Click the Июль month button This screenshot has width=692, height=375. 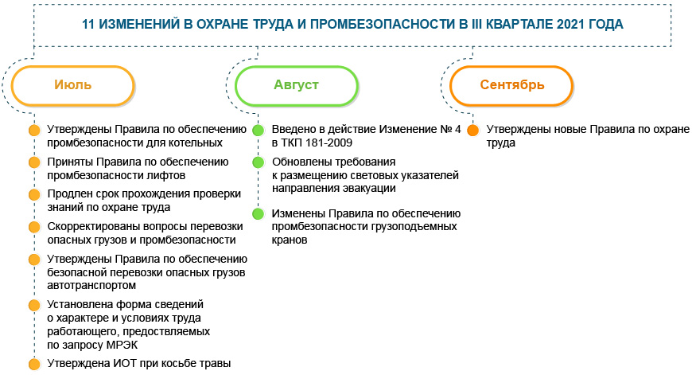pyautogui.click(x=73, y=85)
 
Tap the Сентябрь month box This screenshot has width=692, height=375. pyautogui.click(x=511, y=85)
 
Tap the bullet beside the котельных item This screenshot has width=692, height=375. pyautogui.click(x=33, y=130)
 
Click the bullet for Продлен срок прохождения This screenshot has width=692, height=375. pyautogui.click(x=33, y=194)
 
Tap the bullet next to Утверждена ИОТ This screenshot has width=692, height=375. pyautogui.click(x=33, y=364)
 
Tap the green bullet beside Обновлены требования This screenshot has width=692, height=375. pyautogui.click(x=258, y=162)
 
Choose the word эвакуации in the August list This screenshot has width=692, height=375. pyautogui.click(x=369, y=188)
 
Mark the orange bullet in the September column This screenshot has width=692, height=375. pyautogui.click(x=472, y=130)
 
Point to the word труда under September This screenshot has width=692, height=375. pyautogui.click(x=501, y=143)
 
